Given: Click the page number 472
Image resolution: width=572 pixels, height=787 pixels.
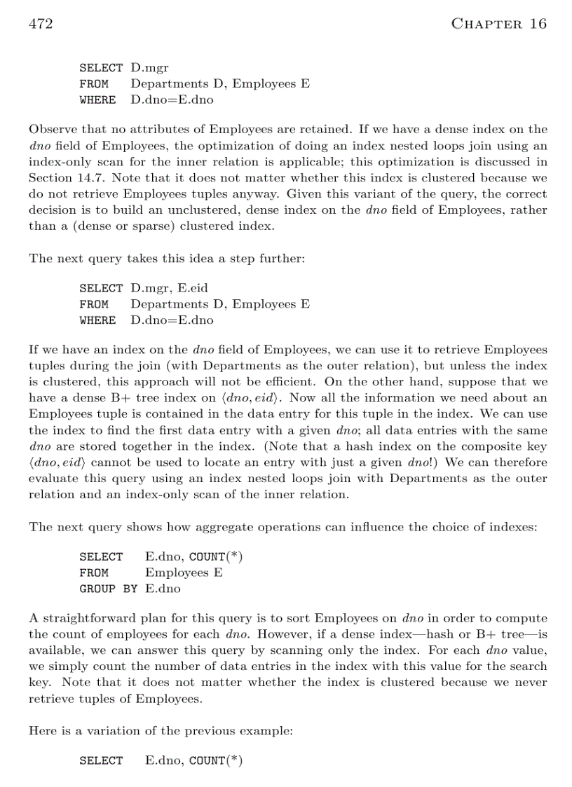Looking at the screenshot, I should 41,24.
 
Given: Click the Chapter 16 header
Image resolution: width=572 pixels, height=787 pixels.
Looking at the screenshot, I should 498,24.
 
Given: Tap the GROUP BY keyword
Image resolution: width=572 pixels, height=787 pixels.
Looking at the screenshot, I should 108,589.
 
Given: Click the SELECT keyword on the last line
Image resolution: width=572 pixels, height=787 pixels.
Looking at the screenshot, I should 101,760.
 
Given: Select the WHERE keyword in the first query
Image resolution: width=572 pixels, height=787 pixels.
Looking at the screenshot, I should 97,100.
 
